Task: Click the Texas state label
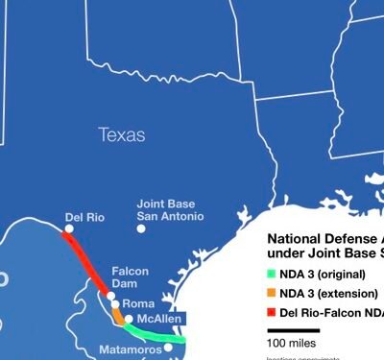point(121,135)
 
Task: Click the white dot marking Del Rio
point(68,228)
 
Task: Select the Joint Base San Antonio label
point(170,210)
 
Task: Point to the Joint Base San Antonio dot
point(141,228)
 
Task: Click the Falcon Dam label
point(131,277)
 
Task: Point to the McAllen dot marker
point(130,319)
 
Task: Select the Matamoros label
point(131,349)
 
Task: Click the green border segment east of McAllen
point(158,334)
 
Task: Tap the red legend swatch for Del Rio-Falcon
point(271,312)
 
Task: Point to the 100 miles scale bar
point(293,330)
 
